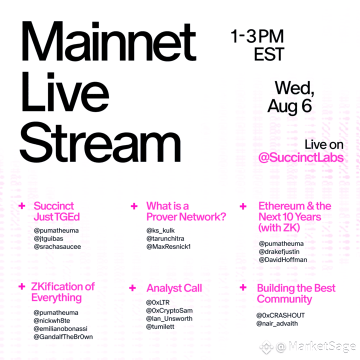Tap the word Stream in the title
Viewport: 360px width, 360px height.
[x=100, y=142]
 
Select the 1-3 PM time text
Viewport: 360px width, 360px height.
[x=257, y=36]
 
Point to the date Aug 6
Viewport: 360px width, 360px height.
[x=289, y=106]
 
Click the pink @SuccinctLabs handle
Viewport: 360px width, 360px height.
[x=301, y=157]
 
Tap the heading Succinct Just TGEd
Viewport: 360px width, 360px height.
[x=56, y=211]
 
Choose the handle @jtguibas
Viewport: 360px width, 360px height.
[x=48, y=238]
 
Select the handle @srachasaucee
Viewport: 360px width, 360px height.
[x=57, y=246]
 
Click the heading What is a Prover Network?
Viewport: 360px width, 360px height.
[x=186, y=211]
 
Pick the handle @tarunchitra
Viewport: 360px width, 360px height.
[x=165, y=238]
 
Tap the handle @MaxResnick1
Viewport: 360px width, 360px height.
[x=168, y=246]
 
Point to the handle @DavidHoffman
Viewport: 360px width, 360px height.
[x=283, y=259]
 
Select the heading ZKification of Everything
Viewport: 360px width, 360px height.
[x=63, y=292]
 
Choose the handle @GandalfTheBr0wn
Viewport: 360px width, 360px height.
[x=63, y=337]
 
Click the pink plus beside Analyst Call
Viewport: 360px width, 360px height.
[x=132, y=288]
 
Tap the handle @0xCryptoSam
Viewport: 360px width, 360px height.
[x=169, y=310]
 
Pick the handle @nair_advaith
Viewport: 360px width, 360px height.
[x=277, y=323]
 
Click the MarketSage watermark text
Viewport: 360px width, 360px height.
[x=316, y=346]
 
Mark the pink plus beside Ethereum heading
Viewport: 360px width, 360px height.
[x=243, y=206]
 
